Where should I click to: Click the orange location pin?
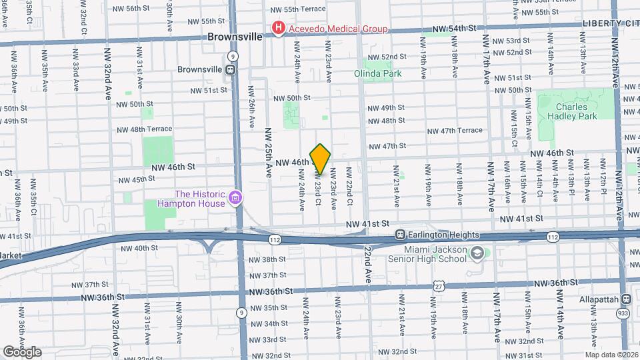(x=321, y=159)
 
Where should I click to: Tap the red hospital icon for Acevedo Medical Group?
(x=277, y=28)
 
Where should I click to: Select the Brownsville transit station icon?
(x=230, y=69)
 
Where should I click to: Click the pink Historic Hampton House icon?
(x=234, y=197)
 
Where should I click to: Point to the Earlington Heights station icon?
(x=401, y=235)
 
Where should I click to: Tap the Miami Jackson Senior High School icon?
(x=477, y=253)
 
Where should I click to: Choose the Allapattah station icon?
(x=626, y=300)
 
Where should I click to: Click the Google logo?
(x=22, y=351)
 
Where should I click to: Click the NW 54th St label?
(x=455, y=29)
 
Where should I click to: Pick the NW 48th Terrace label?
(x=143, y=129)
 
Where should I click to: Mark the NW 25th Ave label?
(x=268, y=152)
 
